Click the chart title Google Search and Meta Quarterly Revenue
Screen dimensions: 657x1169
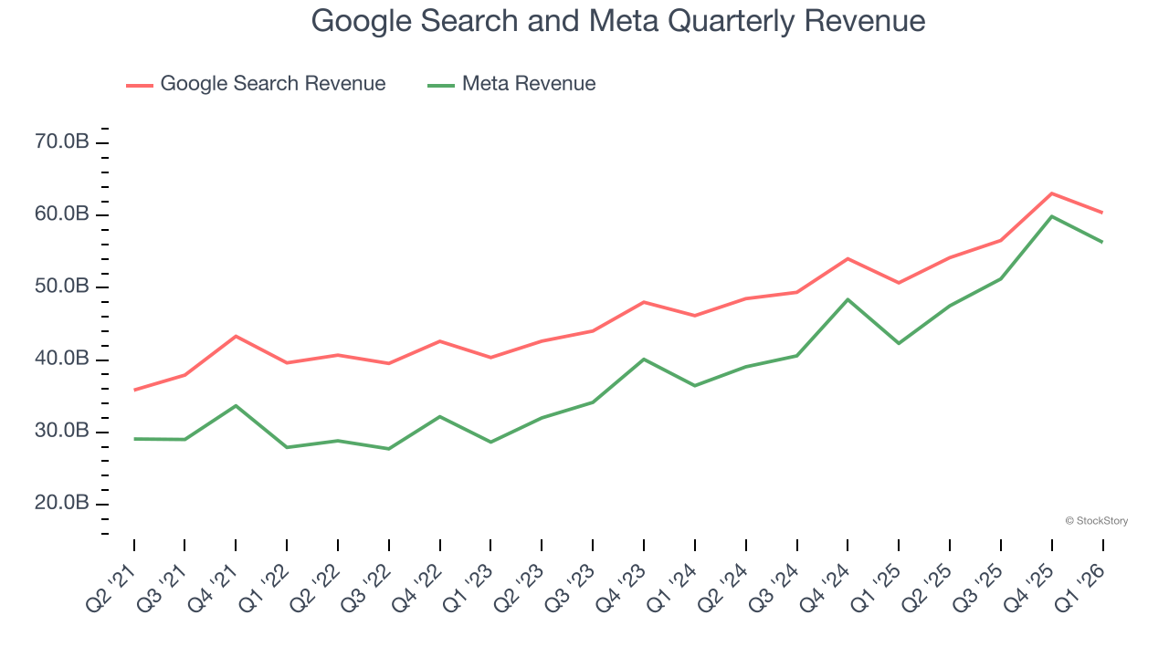click(x=618, y=20)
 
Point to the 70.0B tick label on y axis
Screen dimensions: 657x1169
click(x=62, y=142)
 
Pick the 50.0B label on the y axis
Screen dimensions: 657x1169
click(x=62, y=287)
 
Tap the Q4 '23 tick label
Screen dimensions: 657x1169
click(x=621, y=589)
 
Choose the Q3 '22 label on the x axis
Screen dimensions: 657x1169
click(x=366, y=589)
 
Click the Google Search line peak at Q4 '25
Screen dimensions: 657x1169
click(x=1052, y=193)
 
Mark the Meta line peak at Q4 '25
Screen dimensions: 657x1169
click(x=1052, y=216)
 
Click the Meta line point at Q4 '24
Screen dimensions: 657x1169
click(x=848, y=299)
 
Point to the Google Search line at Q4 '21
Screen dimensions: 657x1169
click(x=237, y=336)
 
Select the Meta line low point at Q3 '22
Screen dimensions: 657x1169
click(x=389, y=448)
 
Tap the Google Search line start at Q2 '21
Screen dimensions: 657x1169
click(x=134, y=390)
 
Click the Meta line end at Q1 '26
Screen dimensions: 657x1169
click(x=1102, y=242)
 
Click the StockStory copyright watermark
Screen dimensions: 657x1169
click(x=1096, y=521)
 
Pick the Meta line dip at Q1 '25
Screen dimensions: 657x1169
click(x=899, y=343)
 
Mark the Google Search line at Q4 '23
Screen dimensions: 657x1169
click(x=644, y=302)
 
